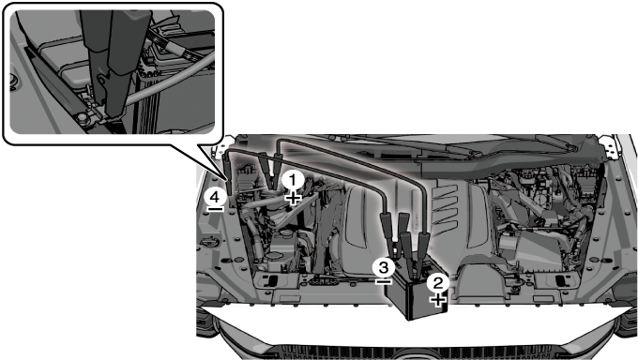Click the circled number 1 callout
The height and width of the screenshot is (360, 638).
point(293,181)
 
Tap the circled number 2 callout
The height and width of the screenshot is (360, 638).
point(438,283)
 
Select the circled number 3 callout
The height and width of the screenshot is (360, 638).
point(384,267)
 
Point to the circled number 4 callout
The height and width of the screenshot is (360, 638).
point(215,197)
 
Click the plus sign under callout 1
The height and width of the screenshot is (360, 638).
point(293,199)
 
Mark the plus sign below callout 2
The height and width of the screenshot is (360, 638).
point(438,301)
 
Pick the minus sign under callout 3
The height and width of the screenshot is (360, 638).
point(384,281)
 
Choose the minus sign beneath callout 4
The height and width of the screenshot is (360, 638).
point(215,209)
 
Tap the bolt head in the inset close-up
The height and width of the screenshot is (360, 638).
point(83,118)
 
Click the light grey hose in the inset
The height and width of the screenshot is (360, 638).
point(171,82)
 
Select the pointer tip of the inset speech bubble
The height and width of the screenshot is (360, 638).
point(227,179)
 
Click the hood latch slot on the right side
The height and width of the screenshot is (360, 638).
point(562,280)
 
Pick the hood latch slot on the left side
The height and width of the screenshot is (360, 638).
point(270,280)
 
